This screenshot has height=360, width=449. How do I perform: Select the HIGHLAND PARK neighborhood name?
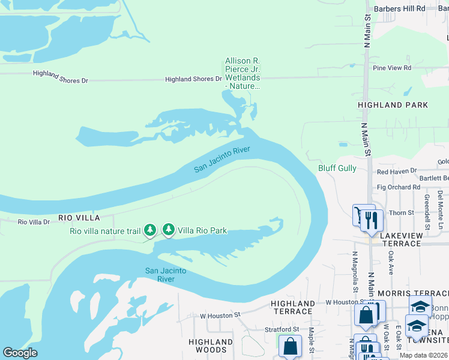click(x=393, y=105)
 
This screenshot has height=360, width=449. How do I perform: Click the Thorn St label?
click(x=402, y=212)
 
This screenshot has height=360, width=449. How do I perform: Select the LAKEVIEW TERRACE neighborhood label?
click(x=402, y=239)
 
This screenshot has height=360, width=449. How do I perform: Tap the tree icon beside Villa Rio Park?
click(x=169, y=230)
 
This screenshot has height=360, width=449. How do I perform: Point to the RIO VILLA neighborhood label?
click(x=79, y=217)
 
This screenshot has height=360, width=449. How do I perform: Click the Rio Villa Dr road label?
click(x=34, y=222)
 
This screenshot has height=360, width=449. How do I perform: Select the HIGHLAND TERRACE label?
click(x=292, y=308)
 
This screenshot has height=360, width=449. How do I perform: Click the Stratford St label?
click(x=282, y=329)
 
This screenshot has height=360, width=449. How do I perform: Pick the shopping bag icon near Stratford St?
click(x=291, y=346)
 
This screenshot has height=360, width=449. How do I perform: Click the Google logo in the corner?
click(x=20, y=353)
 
